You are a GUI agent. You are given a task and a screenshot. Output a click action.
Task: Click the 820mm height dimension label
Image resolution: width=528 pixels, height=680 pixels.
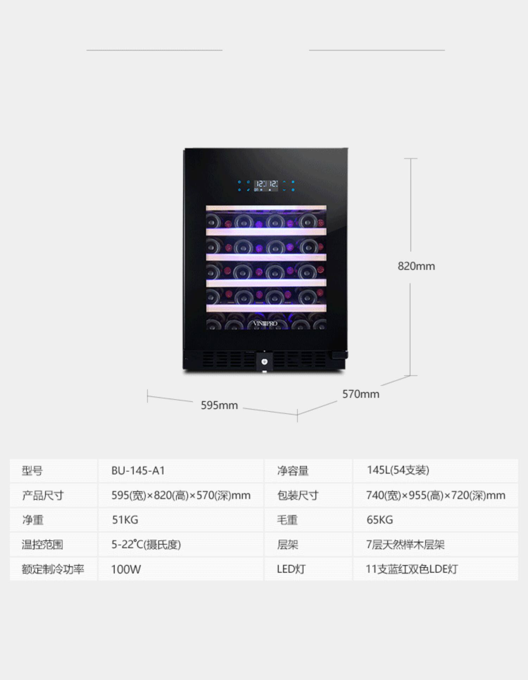416,266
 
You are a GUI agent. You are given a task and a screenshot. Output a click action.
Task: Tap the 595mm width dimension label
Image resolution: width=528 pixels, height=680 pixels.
219,405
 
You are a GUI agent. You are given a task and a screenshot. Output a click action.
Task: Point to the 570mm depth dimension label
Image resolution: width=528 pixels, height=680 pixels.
361,394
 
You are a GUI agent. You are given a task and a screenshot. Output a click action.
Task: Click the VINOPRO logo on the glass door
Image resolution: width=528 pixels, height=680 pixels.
265,323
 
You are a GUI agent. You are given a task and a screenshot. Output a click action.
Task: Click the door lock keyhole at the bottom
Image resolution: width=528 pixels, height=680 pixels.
265,362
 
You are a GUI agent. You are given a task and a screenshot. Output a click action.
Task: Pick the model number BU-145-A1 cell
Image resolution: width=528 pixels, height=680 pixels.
138,471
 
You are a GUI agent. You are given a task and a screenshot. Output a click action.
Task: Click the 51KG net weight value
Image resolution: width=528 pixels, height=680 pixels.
125,520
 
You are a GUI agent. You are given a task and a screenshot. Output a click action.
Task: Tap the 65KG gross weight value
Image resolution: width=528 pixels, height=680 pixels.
379,520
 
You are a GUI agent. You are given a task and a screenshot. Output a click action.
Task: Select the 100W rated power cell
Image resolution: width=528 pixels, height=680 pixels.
126,569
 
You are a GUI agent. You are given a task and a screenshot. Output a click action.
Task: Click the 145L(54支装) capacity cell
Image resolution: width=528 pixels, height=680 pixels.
398,470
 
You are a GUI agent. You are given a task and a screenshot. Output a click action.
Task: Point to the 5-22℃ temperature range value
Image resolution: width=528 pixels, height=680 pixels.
146,545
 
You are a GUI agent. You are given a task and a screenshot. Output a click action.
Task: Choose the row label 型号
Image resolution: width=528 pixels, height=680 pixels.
32,471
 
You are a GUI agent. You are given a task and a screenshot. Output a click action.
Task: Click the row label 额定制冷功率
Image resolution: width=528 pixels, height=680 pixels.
53,569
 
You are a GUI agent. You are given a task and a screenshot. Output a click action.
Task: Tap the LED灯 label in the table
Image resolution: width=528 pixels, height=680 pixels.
291,569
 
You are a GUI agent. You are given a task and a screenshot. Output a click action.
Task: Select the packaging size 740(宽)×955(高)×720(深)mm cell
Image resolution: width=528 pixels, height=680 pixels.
435,495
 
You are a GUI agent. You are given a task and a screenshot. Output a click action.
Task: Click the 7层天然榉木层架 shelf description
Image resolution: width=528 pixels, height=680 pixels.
405,545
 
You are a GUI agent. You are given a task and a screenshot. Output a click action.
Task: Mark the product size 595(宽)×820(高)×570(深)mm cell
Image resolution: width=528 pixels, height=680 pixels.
181,495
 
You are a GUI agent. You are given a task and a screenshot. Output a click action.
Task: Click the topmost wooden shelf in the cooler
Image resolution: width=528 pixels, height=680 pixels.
266,208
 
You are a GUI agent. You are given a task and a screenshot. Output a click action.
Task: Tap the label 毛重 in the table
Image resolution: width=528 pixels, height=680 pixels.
287,520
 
